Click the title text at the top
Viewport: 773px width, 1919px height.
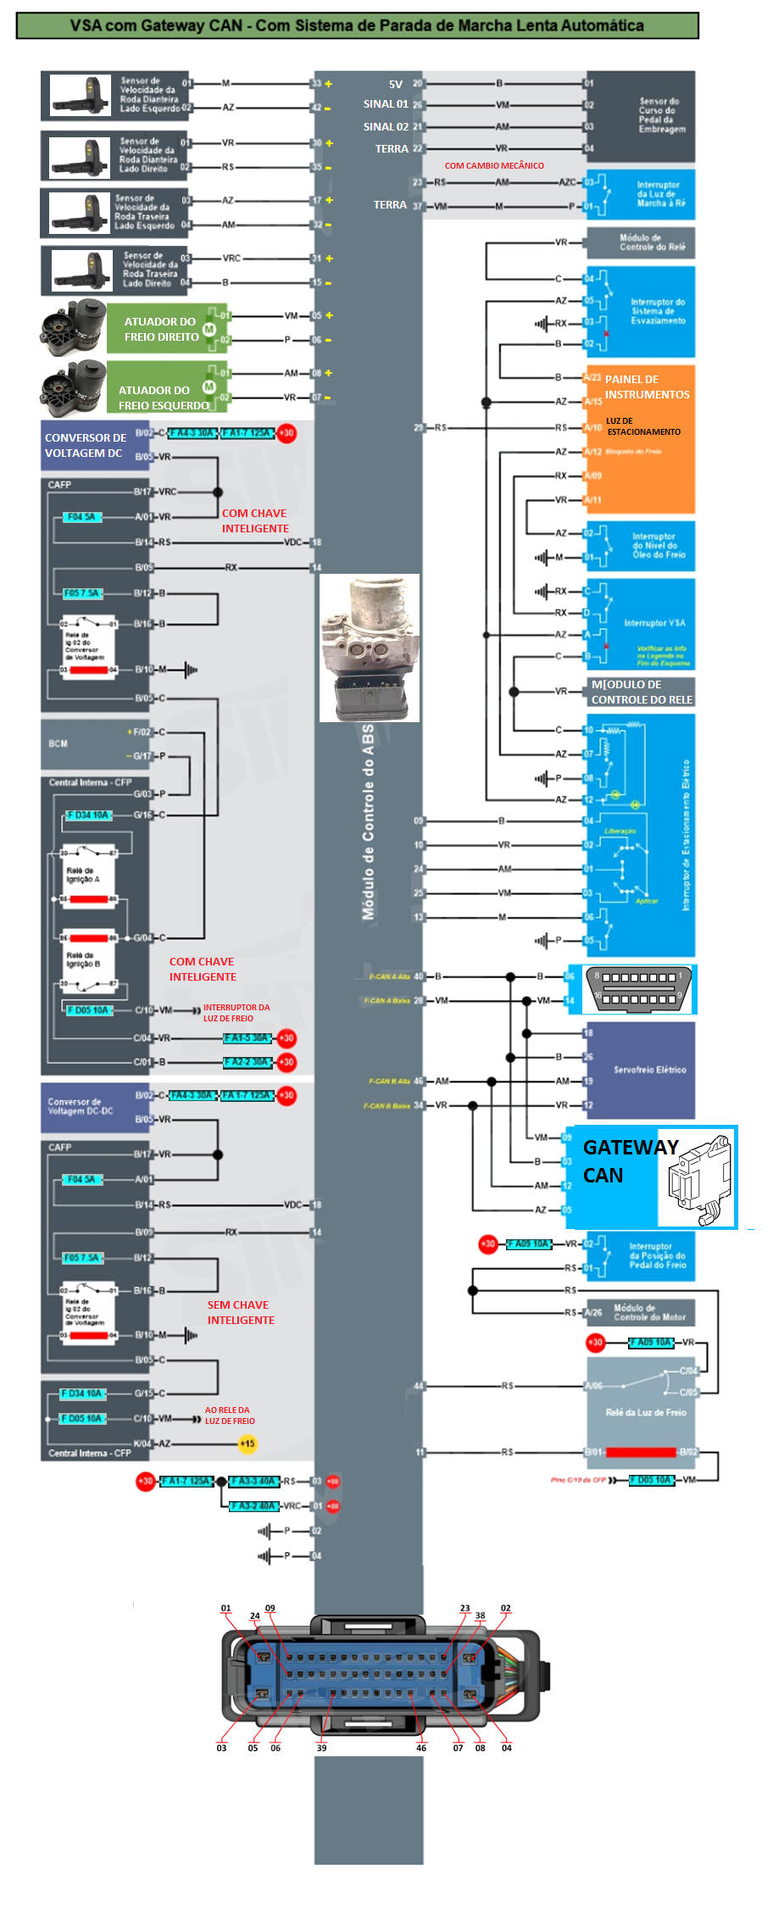tap(357, 25)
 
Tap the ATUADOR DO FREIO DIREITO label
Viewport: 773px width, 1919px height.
tap(161, 329)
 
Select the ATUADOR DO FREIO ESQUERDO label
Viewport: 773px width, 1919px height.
tap(163, 398)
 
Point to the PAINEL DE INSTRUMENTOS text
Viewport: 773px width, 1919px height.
tap(647, 387)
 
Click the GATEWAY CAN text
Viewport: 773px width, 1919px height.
tap(630, 1160)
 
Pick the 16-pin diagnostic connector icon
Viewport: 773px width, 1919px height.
tap(640, 989)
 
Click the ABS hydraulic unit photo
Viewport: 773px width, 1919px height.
tap(370, 648)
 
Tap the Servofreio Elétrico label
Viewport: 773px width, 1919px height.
tap(649, 1070)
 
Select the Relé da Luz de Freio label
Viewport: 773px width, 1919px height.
tap(645, 1412)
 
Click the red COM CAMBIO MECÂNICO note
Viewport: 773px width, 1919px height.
tap(494, 165)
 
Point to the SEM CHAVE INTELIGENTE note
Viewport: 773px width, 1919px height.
tap(241, 1312)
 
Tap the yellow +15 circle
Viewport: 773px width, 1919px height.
tap(247, 1443)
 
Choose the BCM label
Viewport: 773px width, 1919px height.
tap(58, 743)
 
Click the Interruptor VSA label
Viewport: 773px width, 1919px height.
tap(654, 623)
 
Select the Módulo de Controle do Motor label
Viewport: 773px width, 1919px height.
tap(649, 1312)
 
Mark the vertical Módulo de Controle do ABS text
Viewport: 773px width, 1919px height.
tap(368, 821)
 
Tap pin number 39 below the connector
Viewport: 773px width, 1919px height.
tap(321, 1747)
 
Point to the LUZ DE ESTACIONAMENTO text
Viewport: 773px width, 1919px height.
tap(643, 426)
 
